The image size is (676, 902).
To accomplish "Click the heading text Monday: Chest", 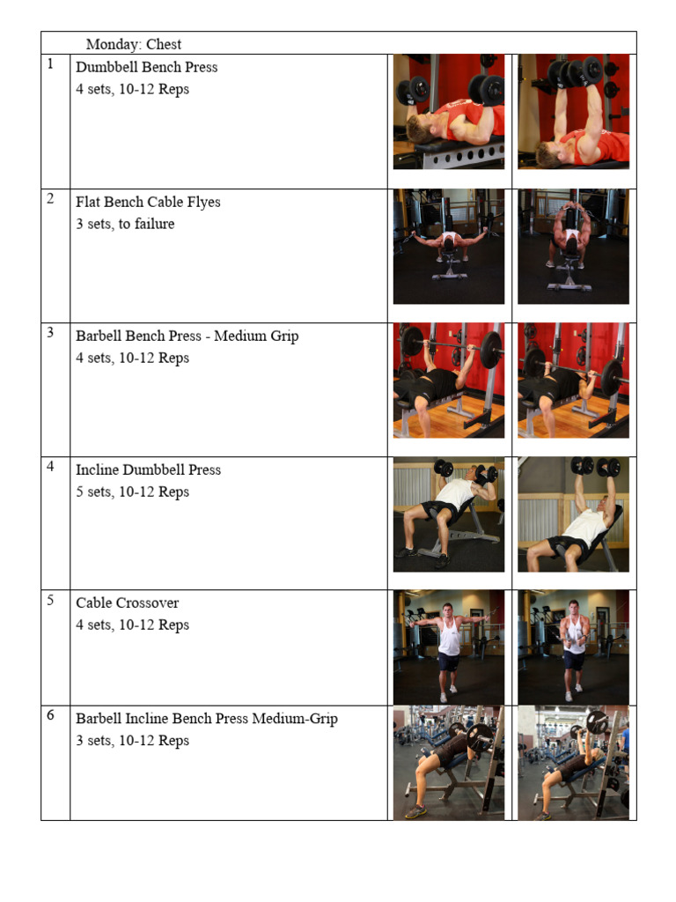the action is pos(134,44).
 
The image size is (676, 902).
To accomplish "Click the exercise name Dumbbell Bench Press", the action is pos(147,67).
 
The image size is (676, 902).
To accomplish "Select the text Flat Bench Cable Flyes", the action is pos(148,202).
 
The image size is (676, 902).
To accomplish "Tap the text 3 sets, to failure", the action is pos(125,224).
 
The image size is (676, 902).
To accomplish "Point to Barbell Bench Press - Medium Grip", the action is pos(187,336).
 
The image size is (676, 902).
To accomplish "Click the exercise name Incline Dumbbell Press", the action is pos(148,470).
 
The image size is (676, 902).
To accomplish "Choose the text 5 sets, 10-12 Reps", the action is pos(132,492).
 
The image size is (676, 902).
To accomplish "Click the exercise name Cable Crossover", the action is pos(128,603).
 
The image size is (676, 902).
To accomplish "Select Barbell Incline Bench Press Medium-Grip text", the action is pos(207,719).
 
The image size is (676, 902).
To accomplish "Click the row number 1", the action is pos(50,63).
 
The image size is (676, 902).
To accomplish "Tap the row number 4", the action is pos(50,467).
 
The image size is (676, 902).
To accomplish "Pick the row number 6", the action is pos(50,715).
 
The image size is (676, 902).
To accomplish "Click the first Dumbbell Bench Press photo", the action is pos(449,112).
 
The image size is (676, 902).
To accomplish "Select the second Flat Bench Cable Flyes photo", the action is pos(573,247).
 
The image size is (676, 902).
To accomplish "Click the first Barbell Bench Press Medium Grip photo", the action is pos(449,381).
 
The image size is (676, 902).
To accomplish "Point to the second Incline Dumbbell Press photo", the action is pos(573,514).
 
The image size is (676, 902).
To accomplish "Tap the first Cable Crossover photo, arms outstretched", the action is pos(449,647).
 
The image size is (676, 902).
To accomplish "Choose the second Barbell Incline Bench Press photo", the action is pos(573,763).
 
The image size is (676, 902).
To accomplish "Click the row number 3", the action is pos(50,332).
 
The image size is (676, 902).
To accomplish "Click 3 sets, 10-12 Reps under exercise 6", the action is pos(132,741).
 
